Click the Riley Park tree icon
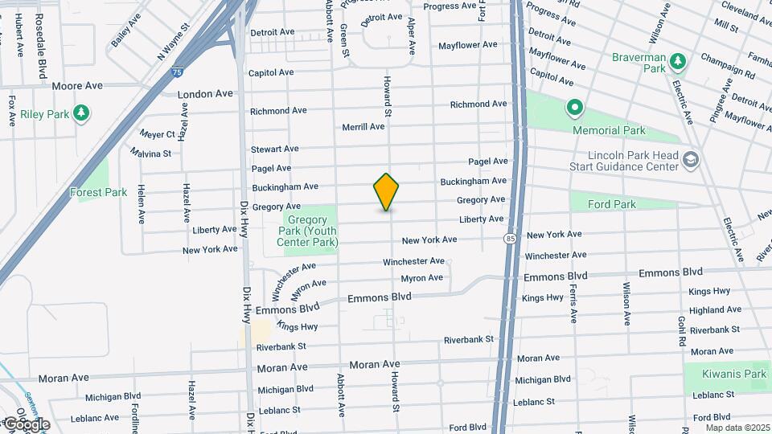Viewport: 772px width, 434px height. (x=80, y=113)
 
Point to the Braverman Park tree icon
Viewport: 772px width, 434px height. (x=678, y=61)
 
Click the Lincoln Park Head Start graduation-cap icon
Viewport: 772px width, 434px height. (x=690, y=159)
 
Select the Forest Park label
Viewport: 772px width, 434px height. (x=98, y=192)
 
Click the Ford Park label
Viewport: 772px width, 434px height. (x=611, y=204)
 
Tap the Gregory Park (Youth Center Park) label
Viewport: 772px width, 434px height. (x=307, y=231)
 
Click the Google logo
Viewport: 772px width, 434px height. (x=27, y=424)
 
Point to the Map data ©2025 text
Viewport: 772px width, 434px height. (x=737, y=428)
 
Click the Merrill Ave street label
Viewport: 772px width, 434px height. (x=363, y=127)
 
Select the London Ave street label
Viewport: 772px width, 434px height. (x=205, y=94)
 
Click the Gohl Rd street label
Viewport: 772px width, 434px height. (x=680, y=330)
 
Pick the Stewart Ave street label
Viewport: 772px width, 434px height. (x=274, y=149)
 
